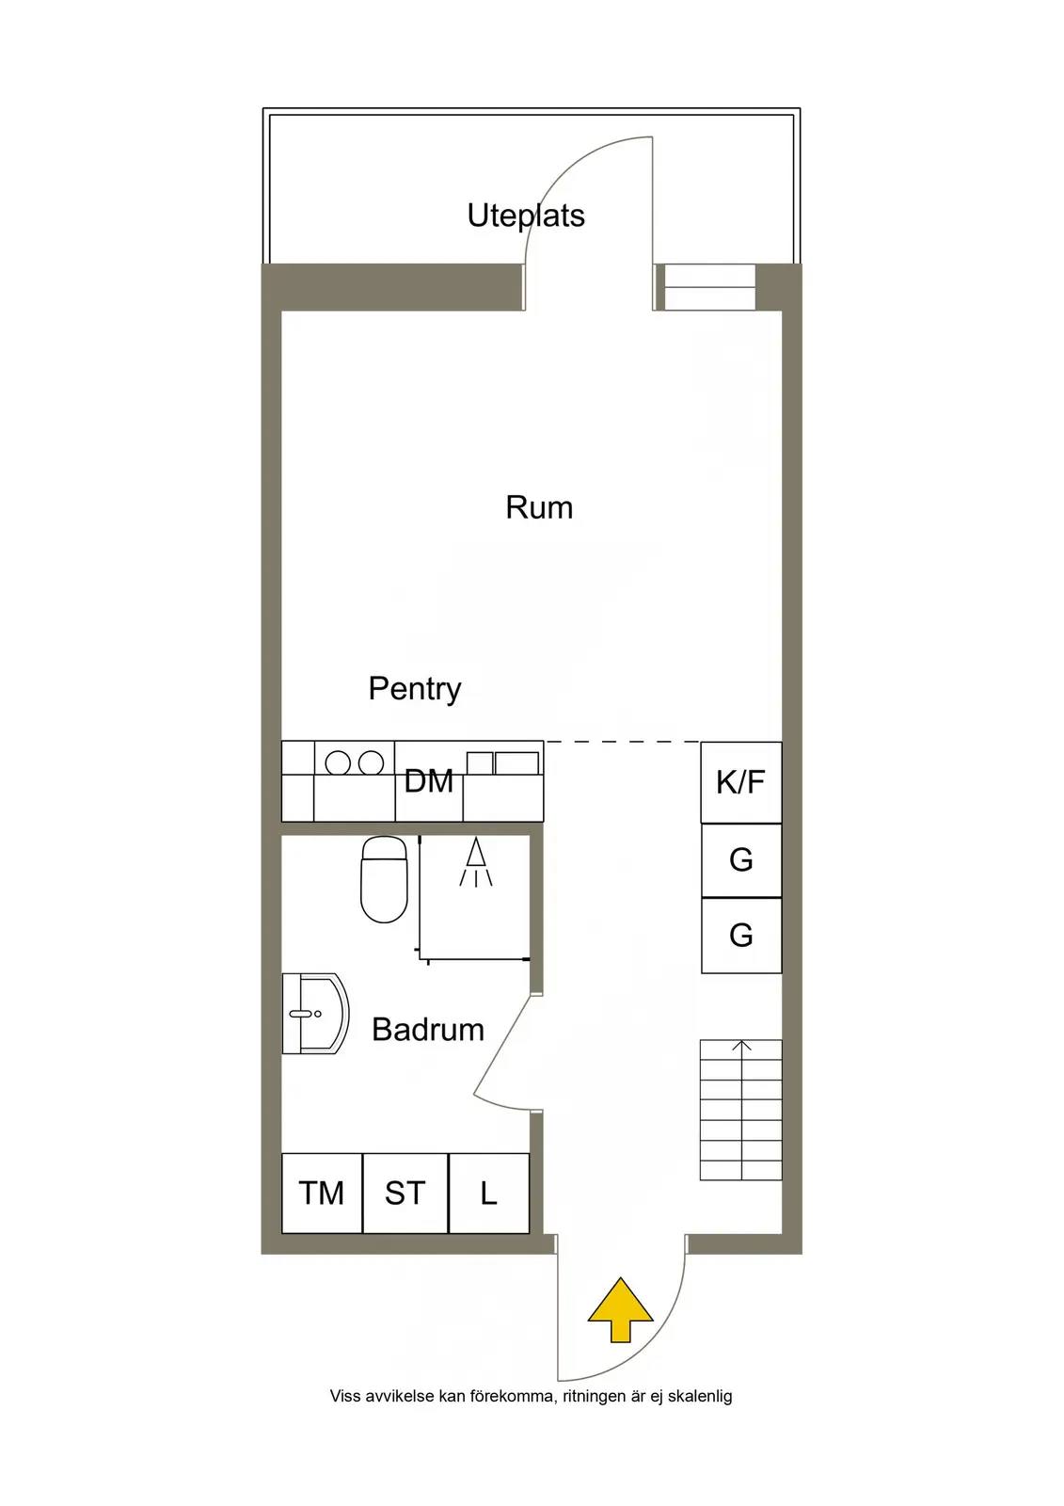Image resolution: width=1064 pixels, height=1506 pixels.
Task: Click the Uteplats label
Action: (x=526, y=216)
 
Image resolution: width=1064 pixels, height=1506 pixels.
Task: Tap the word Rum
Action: (x=539, y=507)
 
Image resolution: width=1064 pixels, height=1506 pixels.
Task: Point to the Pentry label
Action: (x=415, y=689)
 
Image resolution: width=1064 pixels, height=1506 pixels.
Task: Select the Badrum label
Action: (x=428, y=1030)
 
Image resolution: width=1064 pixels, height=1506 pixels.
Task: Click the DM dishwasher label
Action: (x=429, y=781)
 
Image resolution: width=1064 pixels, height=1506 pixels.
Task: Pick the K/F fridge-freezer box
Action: (x=740, y=782)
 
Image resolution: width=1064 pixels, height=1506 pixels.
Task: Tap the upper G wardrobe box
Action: (x=741, y=860)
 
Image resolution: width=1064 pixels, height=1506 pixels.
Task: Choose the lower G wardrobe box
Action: (x=741, y=936)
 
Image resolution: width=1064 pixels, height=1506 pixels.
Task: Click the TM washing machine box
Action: (x=322, y=1194)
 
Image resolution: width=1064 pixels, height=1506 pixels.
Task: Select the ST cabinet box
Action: (x=405, y=1194)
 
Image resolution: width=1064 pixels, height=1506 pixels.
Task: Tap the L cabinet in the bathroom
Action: (x=488, y=1194)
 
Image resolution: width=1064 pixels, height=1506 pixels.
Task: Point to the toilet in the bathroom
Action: (x=384, y=879)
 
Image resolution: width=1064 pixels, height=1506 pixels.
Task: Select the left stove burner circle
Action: (x=338, y=763)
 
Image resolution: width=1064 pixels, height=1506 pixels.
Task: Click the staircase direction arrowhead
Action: (x=741, y=1045)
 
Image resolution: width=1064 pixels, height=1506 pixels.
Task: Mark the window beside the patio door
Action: (x=709, y=287)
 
